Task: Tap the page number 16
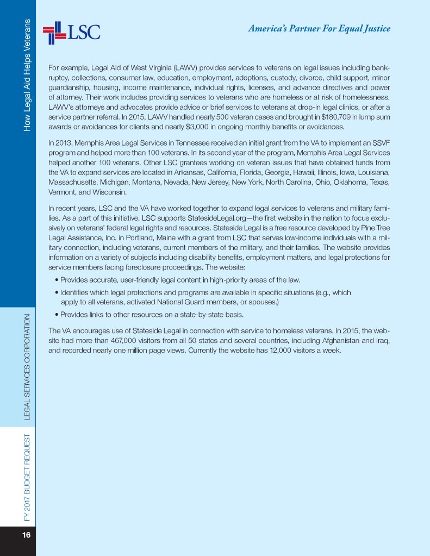pyautogui.click(x=26, y=535)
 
